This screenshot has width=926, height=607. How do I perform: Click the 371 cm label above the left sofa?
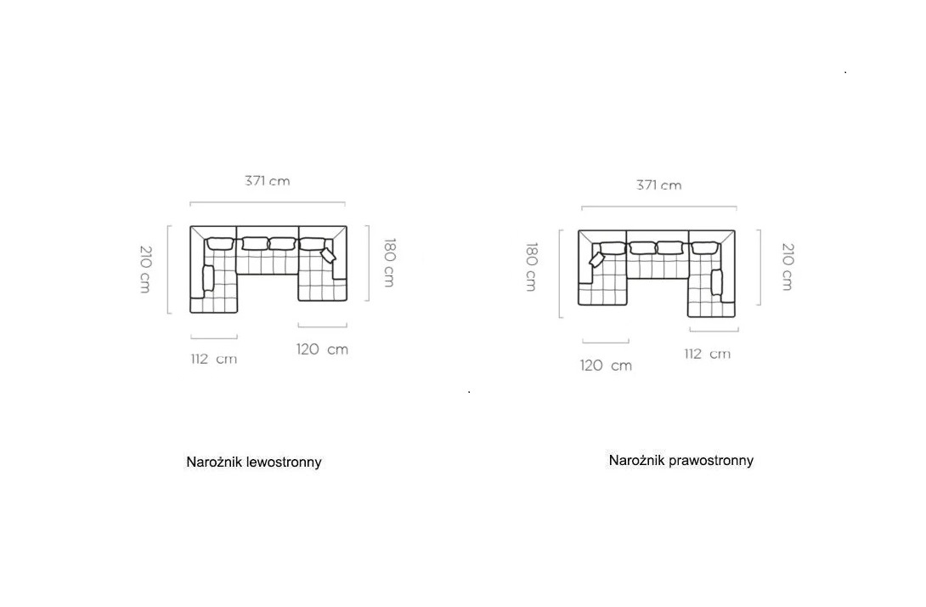(x=268, y=181)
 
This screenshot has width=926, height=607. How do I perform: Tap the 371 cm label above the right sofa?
(x=659, y=185)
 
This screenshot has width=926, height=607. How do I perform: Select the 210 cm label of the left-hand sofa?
(x=145, y=269)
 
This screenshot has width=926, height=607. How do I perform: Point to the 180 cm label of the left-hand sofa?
(x=390, y=263)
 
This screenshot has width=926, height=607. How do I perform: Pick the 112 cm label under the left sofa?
(x=214, y=359)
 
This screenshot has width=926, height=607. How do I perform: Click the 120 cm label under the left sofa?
(x=322, y=349)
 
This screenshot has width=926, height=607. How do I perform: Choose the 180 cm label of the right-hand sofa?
(x=531, y=267)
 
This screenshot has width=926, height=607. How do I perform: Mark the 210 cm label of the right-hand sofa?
(x=788, y=267)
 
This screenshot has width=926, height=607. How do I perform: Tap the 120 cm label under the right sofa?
(x=606, y=366)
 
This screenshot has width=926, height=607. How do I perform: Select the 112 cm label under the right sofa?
(x=708, y=354)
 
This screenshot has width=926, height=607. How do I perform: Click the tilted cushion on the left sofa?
(x=328, y=255)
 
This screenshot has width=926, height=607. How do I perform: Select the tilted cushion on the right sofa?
(x=597, y=260)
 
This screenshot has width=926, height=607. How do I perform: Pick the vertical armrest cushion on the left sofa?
(x=208, y=278)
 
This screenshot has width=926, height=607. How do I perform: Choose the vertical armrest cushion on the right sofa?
(x=716, y=282)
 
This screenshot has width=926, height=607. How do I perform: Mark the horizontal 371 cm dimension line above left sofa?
(x=268, y=202)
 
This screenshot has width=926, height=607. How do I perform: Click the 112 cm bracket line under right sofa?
(x=714, y=331)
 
